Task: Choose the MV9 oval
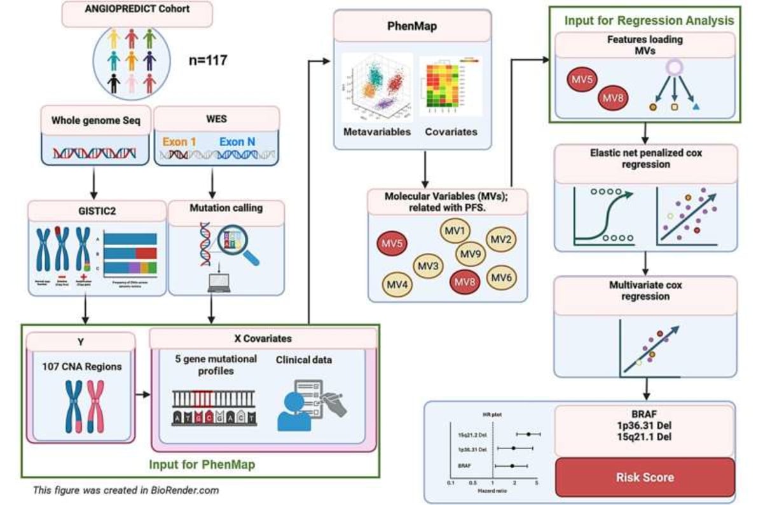point(472,254)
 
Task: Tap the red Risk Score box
point(645,476)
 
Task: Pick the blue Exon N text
point(241,142)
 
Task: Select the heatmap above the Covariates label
point(450,88)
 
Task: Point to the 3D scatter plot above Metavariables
point(378,88)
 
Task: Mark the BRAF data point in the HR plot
point(512,466)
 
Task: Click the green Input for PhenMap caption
point(202,464)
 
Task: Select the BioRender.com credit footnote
point(126,490)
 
